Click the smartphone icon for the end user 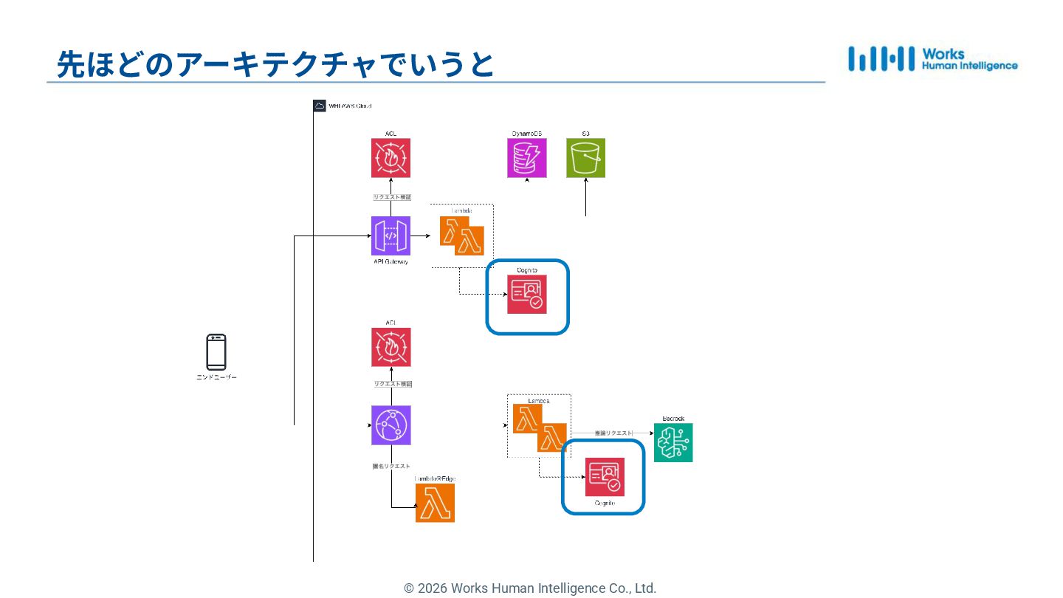(216, 352)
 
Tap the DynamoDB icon (527, 158)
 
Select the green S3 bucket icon (585, 158)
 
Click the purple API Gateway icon (391, 236)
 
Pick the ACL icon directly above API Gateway (391, 158)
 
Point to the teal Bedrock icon (673, 443)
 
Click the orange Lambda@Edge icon (435, 503)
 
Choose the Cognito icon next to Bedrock (605, 477)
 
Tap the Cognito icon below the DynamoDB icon (527, 295)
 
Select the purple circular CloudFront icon (391, 425)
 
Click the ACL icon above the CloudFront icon (391, 348)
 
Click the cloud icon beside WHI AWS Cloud (320, 106)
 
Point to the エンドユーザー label (216, 377)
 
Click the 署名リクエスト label (391, 466)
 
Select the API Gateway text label (391, 262)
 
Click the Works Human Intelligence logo (932, 59)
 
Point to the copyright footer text (530, 588)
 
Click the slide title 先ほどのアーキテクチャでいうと (275, 65)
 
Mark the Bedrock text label (673, 419)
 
